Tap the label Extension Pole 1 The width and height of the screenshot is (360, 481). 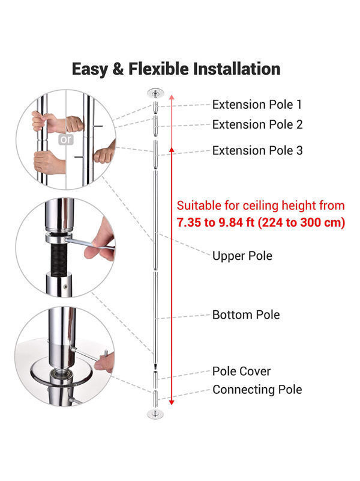point(257,105)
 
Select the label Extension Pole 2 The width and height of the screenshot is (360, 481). point(257,125)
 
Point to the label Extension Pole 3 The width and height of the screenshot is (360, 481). point(257,151)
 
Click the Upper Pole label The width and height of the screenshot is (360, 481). point(242,256)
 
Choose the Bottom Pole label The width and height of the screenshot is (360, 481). point(246,314)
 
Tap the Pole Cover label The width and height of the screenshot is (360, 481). point(241,372)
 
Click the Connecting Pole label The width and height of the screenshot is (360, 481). point(257,390)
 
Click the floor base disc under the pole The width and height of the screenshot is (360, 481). point(155,414)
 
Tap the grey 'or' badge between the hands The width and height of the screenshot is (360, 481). point(66,139)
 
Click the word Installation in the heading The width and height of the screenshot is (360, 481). point(236,69)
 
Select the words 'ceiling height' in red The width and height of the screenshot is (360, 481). point(269,206)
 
